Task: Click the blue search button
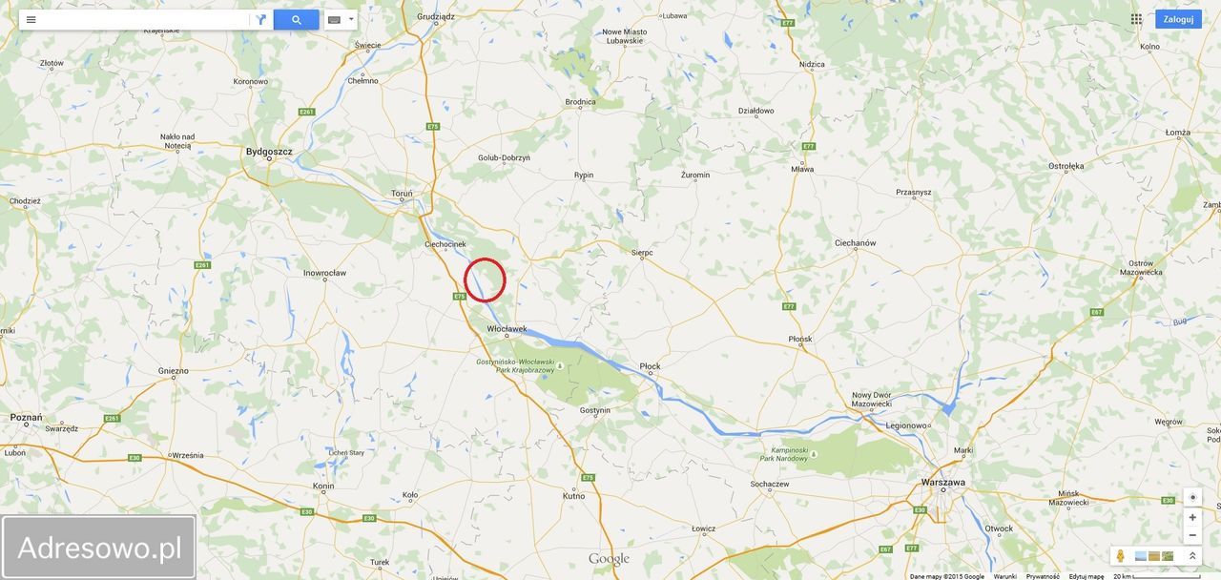tap(296, 20)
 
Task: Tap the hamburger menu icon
tap(31, 20)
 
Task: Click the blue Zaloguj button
tap(1178, 19)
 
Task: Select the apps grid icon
tap(1136, 19)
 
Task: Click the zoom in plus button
tap(1192, 517)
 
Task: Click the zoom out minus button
tap(1192, 535)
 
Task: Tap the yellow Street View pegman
tap(1121, 556)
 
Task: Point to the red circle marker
tap(485, 280)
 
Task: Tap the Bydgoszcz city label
tap(269, 152)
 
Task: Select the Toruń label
tap(402, 194)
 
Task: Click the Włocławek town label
tap(507, 329)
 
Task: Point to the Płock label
tap(650, 366)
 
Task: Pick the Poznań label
tap(26, 417)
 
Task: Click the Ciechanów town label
tap(855, 243)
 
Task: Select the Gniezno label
tap(173, 371)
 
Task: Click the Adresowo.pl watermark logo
tap(99, 548)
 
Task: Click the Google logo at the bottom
tap(609, 559)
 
